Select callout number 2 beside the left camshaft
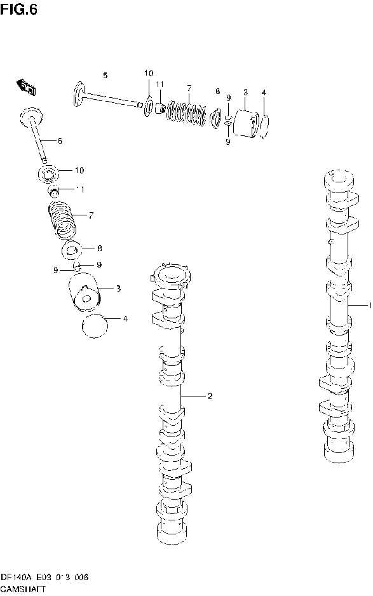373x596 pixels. (209, 396)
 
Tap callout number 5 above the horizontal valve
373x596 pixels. (105, 76)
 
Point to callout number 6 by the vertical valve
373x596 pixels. (60, 141)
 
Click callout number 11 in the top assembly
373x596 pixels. (159, 85)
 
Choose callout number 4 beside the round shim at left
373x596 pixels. (125, 318)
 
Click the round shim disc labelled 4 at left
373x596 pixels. (95, 327)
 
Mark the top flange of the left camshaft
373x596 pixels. (168, 274)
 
